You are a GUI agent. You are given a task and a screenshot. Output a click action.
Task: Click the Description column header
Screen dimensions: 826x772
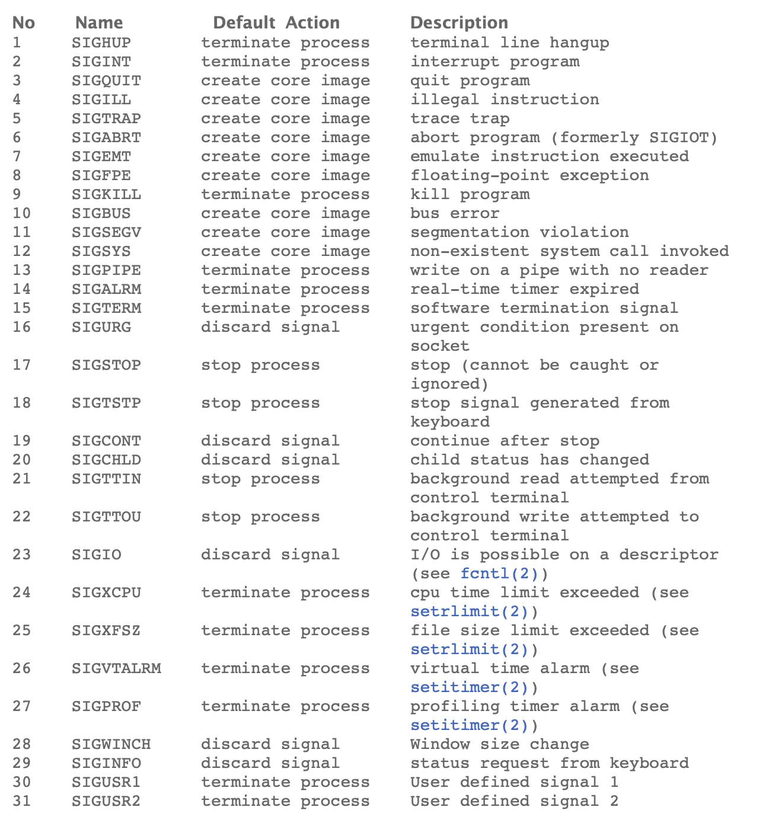[x=459, y=23]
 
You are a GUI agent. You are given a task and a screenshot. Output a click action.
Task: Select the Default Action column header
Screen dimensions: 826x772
[x=276, y=23]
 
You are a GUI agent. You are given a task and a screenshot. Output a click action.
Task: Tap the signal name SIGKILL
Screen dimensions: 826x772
[x=106, y=194]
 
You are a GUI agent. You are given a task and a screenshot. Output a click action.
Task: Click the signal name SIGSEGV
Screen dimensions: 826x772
[x=106, y=232]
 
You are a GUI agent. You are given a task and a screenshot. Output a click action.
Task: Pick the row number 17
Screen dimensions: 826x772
[x=21, y=365]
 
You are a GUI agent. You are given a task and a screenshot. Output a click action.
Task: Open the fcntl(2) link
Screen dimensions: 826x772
[x=499, y=574]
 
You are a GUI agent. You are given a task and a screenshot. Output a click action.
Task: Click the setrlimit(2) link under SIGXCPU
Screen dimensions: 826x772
[x=469, y=612]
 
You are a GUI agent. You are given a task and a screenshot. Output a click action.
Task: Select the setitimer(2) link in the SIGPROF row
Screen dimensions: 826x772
[x=469, y=725]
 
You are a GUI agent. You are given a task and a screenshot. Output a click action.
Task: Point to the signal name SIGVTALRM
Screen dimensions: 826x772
[x=116, y=668]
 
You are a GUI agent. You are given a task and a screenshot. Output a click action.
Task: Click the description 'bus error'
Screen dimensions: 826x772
[x=455, y=213]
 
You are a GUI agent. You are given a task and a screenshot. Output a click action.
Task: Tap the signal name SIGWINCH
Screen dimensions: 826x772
[x=111, y=744]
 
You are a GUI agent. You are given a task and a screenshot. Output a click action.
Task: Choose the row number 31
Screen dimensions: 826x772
[x=21, y=801]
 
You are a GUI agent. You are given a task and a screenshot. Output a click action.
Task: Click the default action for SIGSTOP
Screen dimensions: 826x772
[x=260, y=365]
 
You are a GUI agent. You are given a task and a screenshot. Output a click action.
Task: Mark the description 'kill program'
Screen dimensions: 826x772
[x=470, y=194]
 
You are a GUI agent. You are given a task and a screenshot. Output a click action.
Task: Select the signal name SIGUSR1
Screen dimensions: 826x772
[x=106, y=782]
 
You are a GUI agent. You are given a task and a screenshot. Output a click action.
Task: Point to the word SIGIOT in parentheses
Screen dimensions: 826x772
[x=678, y=137]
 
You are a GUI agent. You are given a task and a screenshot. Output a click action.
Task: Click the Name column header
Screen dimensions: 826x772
[x=99, y=23]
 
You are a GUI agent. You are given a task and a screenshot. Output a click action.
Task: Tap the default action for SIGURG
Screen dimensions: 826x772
[x=270, y=327]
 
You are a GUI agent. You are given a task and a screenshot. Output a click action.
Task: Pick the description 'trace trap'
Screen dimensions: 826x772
[x=460, y=119]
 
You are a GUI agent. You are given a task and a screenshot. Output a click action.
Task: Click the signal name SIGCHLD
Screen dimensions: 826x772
[x=106, y=460]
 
